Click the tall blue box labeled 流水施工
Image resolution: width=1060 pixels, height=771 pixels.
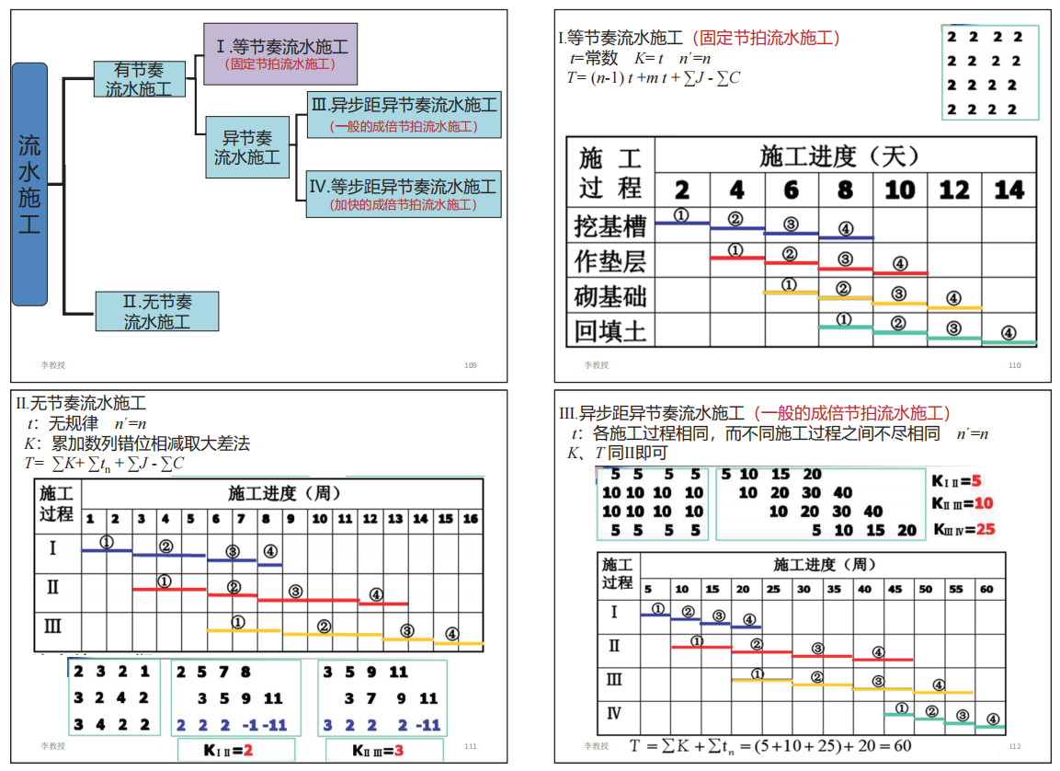pos(29,184)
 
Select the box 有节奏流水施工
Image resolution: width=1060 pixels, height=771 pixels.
pos(139,79)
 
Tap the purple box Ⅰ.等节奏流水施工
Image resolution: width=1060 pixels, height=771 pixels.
pos(280,54)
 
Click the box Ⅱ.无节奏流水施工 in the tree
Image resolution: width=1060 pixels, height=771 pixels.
pos(157,311)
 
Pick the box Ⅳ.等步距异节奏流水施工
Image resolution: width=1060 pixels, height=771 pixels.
pos(404,193)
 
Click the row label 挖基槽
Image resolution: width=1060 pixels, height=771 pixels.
pos(610,225)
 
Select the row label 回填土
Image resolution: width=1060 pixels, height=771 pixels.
pos(610,330)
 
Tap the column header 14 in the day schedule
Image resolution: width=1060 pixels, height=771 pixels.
pos(1009,190)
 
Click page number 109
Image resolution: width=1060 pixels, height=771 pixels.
pos(471,365)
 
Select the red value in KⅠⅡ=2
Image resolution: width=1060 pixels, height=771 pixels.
pos(247,751)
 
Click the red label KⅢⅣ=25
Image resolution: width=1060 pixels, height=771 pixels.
pos(963,529)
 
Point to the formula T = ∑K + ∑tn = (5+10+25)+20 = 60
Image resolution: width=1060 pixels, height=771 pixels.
pos(770,745)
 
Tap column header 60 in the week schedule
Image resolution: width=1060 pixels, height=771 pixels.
pos(986,589)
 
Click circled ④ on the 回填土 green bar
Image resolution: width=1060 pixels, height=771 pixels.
pos(1009,333)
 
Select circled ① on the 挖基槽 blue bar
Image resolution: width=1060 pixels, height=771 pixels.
pos(681,214)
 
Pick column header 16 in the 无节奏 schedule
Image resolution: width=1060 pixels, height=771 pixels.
pos(470,519)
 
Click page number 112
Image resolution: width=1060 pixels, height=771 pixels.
pos(1015,746)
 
